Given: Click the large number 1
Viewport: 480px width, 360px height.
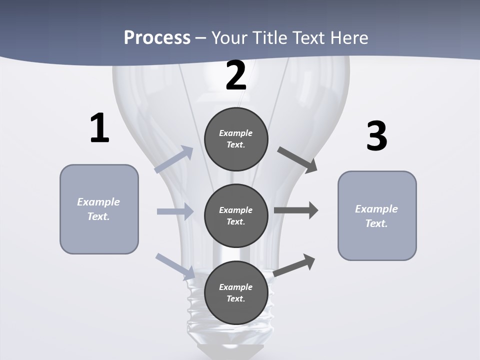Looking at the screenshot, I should [99, 128].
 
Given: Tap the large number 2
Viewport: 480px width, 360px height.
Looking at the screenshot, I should [236, 76].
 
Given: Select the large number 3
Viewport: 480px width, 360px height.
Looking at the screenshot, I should [376, 136].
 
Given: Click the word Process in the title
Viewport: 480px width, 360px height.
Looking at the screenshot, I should [157, 37].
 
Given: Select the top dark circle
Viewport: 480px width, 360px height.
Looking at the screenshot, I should [236, 139].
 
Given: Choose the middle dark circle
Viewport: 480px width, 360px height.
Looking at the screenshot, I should [236, 215].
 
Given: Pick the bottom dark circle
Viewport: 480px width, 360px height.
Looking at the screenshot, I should [236, 292].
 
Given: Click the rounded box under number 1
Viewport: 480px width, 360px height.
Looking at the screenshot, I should [99, 209].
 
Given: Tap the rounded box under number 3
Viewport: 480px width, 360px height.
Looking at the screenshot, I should [377, 216].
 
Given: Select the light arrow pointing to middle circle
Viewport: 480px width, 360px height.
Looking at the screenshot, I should [175, 211].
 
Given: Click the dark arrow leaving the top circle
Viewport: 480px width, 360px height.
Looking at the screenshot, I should [297, 160].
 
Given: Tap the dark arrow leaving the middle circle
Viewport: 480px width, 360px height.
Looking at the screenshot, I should [296, 210].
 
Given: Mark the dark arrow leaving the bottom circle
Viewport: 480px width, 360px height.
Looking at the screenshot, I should [294, 265].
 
